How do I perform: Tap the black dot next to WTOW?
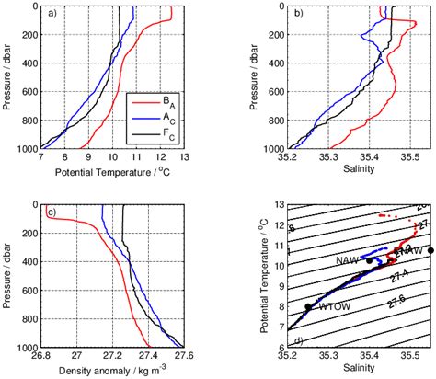[308, 307]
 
